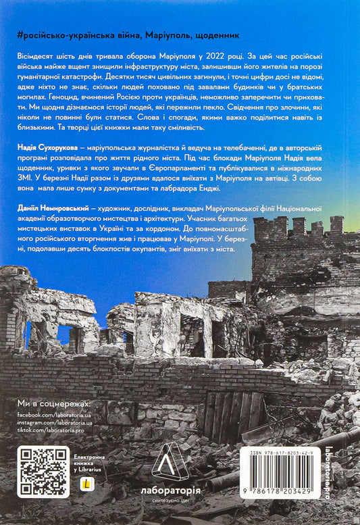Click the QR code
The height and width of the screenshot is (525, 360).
45,470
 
